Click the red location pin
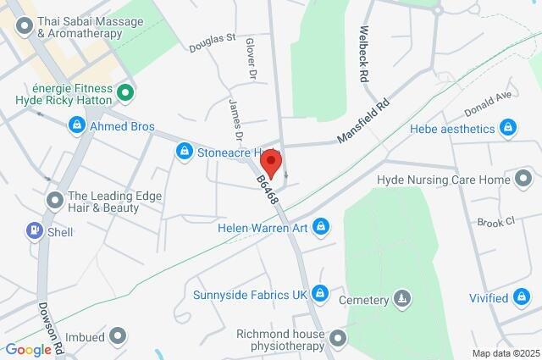click(x=274, y=160)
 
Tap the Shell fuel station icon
click(x=34, y=230)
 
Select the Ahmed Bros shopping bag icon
click(x=77, y=126)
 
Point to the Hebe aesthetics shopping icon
click(x=508, y=129)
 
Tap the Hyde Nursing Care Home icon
click(x=525, y=180)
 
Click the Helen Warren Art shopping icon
click(x=320, y=226)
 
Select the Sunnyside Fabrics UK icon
click(x=319, y=294)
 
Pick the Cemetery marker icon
click(x=402, y=299)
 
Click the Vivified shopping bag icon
click(x=523, y=297)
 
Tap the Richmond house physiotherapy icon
click(x=339, y=340)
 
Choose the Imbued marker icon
click(x=117, y=336)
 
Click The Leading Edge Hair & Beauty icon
click(x=56, y=200)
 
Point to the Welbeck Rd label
click(x=365, y=53)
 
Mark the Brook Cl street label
click(x=495, y=222)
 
